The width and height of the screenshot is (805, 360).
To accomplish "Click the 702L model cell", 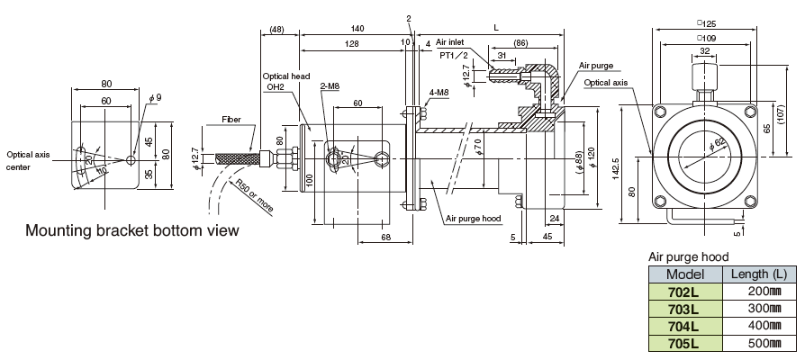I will (x=684, y=292).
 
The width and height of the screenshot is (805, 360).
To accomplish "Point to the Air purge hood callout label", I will (x=473, y=217).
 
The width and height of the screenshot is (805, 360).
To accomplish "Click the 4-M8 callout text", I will (x=440, y=93).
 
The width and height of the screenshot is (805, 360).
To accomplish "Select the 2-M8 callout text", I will (x=330, y=86).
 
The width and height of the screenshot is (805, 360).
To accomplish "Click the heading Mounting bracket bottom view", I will (x=131, y=230).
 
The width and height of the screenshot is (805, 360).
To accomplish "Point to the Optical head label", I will (x=285, y=76).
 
